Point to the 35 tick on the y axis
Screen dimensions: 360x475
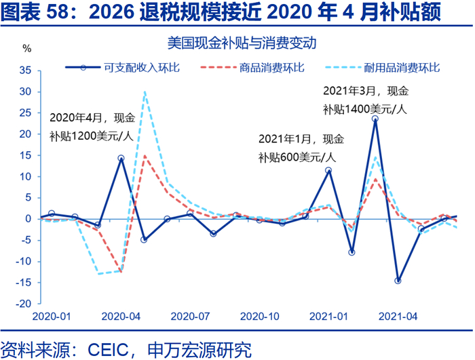click(x=26, y=70)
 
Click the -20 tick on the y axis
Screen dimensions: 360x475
click(x=25, y=304)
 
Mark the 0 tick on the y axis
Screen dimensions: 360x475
click(x=30, y=219)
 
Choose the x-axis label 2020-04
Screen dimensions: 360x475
click(x=121, y=317)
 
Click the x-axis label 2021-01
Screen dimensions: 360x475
click(x=328, y=317)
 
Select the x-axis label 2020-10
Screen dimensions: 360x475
click(x=259, y=317)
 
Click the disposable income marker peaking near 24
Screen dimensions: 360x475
click(x=375, y=119)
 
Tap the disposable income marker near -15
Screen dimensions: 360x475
click(x=398, y=281)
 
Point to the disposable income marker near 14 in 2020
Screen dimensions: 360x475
click(x=121, y=159)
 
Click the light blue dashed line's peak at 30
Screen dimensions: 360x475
click(x=145, y=92)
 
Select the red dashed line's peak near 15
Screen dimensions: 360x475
click(x=145, y=155)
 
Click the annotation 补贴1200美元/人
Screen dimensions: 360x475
click(x=91, y=135)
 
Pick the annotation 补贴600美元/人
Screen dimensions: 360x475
click(x=297, y=157)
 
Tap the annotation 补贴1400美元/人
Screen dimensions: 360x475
click(x=364, y=109)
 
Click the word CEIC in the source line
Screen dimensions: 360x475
click(x=108, y=350)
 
